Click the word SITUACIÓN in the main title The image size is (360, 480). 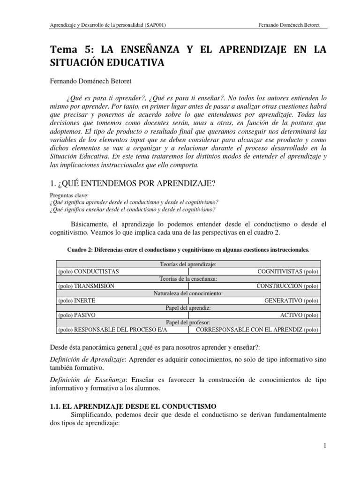78,62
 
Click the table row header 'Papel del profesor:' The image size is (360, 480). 188,323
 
